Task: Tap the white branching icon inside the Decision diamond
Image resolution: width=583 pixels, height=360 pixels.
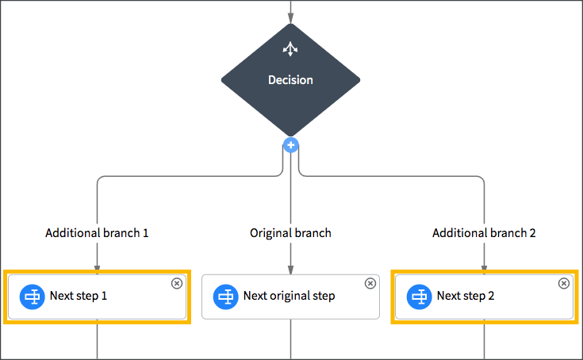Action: pos(290,49)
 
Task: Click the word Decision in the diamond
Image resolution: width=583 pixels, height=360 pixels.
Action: pos(290,80)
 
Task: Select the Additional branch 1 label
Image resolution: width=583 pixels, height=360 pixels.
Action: pos(97,233)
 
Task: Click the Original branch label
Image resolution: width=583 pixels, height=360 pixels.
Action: pos(290,233)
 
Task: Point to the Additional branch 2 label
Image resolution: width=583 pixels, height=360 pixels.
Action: pos(484,233)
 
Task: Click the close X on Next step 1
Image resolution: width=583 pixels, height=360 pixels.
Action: pos(177,283)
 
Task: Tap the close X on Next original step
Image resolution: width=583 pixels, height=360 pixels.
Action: pos(370,283)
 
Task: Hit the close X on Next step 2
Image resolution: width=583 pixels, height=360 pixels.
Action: pos(564,283)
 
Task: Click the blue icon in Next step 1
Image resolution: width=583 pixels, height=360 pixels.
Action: pos(33,297)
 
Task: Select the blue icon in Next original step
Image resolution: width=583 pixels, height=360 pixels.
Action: pos(226,297)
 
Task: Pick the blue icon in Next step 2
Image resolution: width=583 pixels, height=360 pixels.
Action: pos(420,297)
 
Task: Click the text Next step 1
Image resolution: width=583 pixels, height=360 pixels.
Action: pos(79,297)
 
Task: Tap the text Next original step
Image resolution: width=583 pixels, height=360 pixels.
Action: pos(289,297)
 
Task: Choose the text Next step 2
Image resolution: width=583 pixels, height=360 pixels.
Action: pos(466,297)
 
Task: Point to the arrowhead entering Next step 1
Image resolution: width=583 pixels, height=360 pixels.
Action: pos(97,269)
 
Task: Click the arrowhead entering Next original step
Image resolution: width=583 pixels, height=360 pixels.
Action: pos(290,270)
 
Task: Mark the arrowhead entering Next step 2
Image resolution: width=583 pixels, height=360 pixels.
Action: pos(484,269)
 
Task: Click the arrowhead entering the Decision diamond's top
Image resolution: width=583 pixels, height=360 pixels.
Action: pos(290,19)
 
